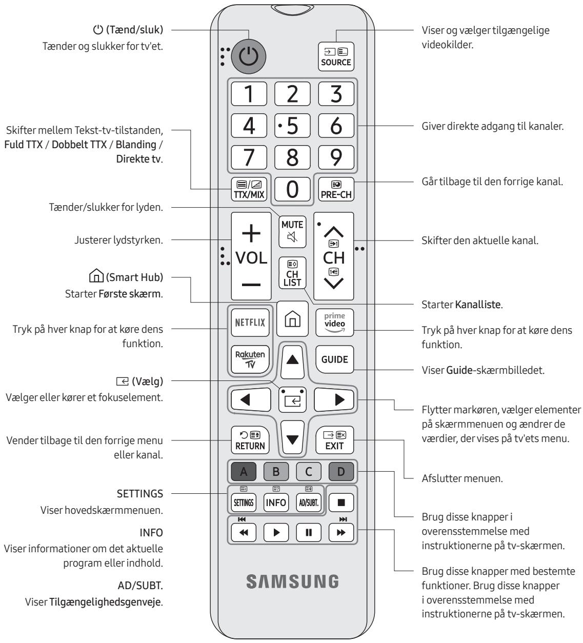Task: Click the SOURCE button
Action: point(336,57)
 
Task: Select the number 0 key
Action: point(292,190)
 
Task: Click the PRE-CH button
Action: point(336,190)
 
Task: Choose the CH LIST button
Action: point(292,272)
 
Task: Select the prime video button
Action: point(336,323)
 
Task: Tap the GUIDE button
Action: point(335,359)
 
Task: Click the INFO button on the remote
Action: point(276,503)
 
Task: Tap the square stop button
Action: point(341,503)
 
